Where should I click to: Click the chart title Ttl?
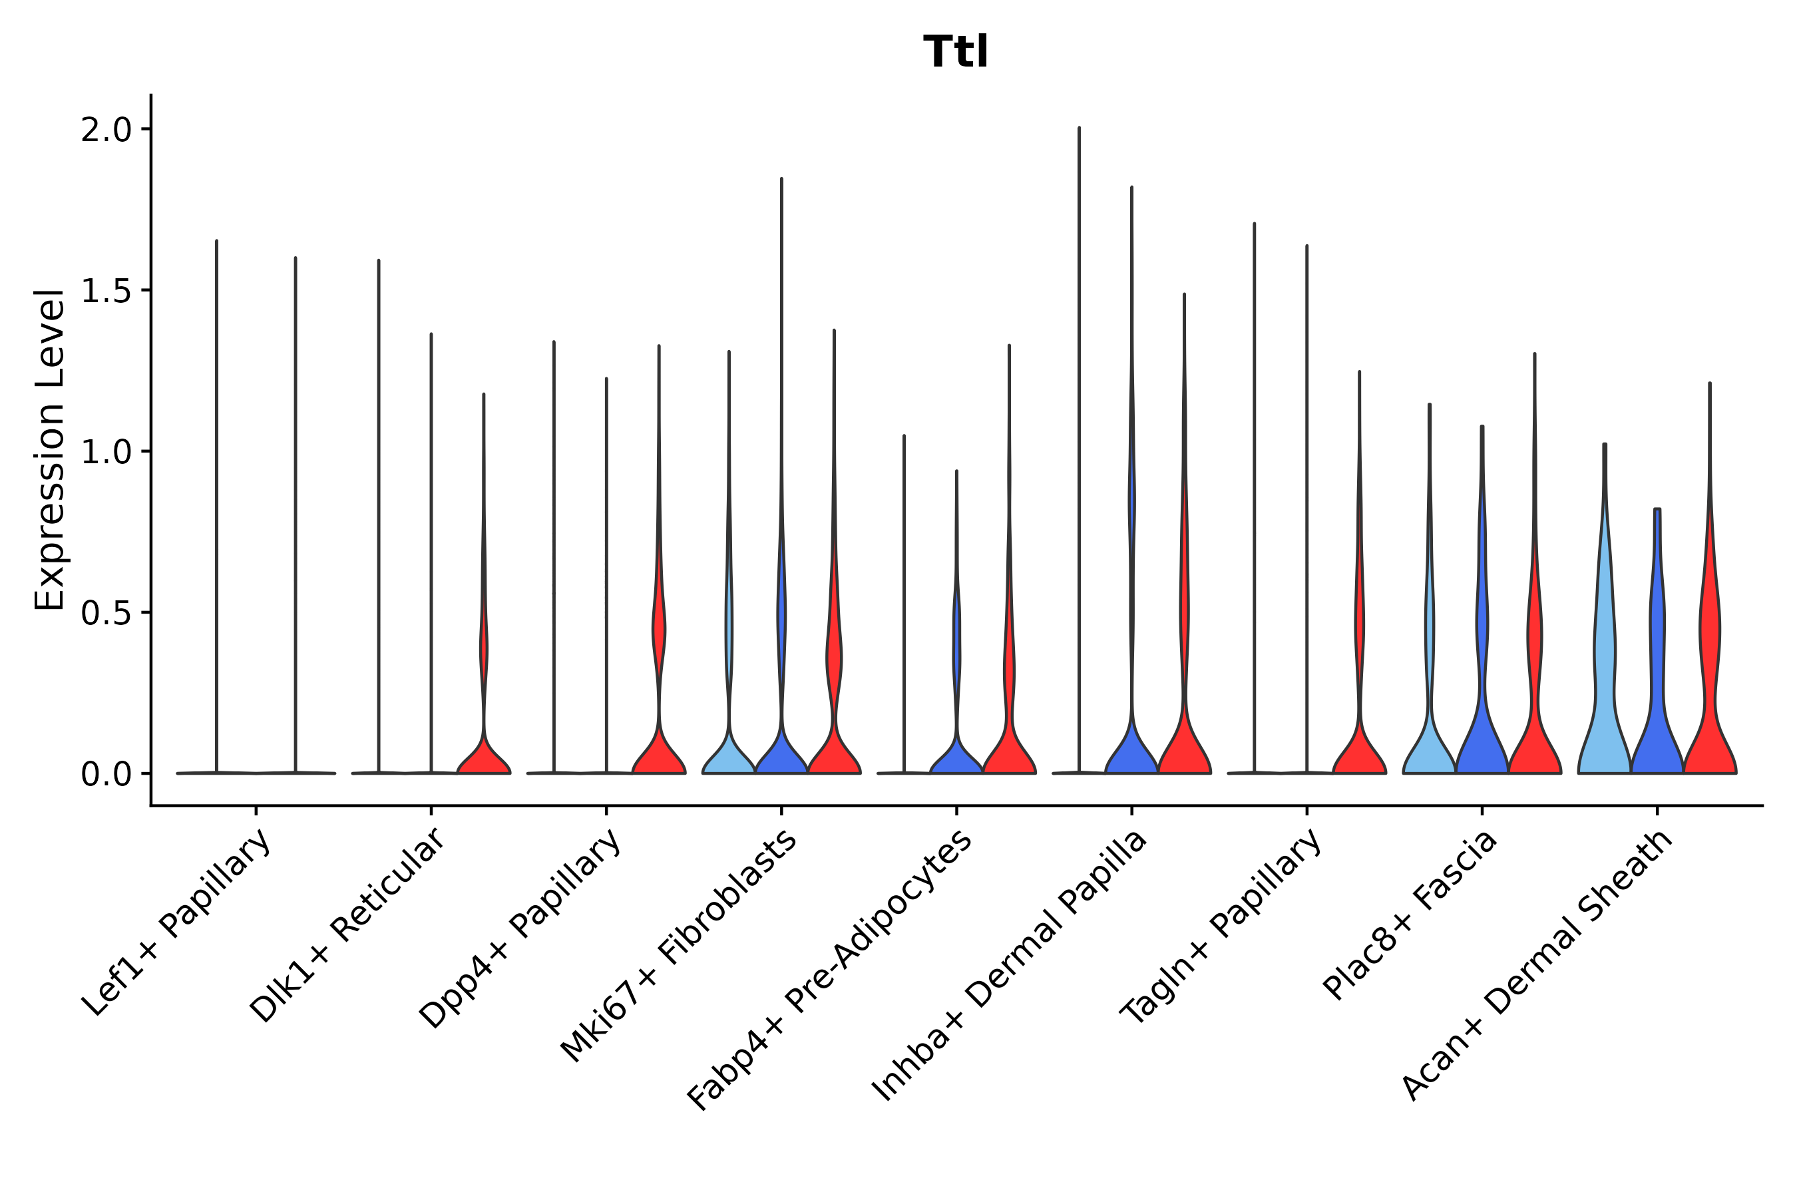956,53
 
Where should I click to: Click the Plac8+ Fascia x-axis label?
1410,914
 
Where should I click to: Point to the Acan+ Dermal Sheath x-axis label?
1537,966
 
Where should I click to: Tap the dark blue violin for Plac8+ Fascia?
1482,726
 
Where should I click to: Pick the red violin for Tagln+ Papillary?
1359,749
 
